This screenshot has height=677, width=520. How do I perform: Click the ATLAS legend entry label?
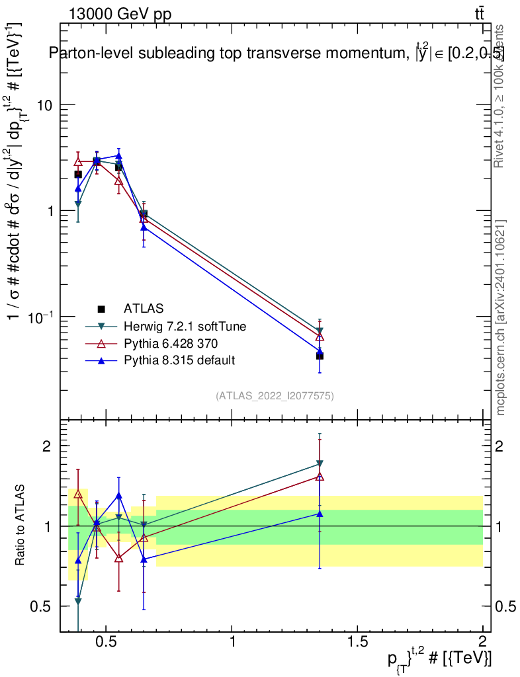144,308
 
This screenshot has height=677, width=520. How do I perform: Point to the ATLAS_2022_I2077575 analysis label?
275,396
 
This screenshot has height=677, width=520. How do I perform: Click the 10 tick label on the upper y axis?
43,105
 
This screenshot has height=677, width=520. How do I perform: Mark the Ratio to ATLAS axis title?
21,526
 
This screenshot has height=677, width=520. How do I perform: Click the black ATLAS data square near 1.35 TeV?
320,356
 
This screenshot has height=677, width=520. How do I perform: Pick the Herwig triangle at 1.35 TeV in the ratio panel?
320,463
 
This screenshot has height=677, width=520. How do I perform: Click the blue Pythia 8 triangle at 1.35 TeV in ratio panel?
320,513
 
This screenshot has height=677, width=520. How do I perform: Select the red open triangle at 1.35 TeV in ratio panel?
320,476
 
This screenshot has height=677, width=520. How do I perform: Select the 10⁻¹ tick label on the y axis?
40,317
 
